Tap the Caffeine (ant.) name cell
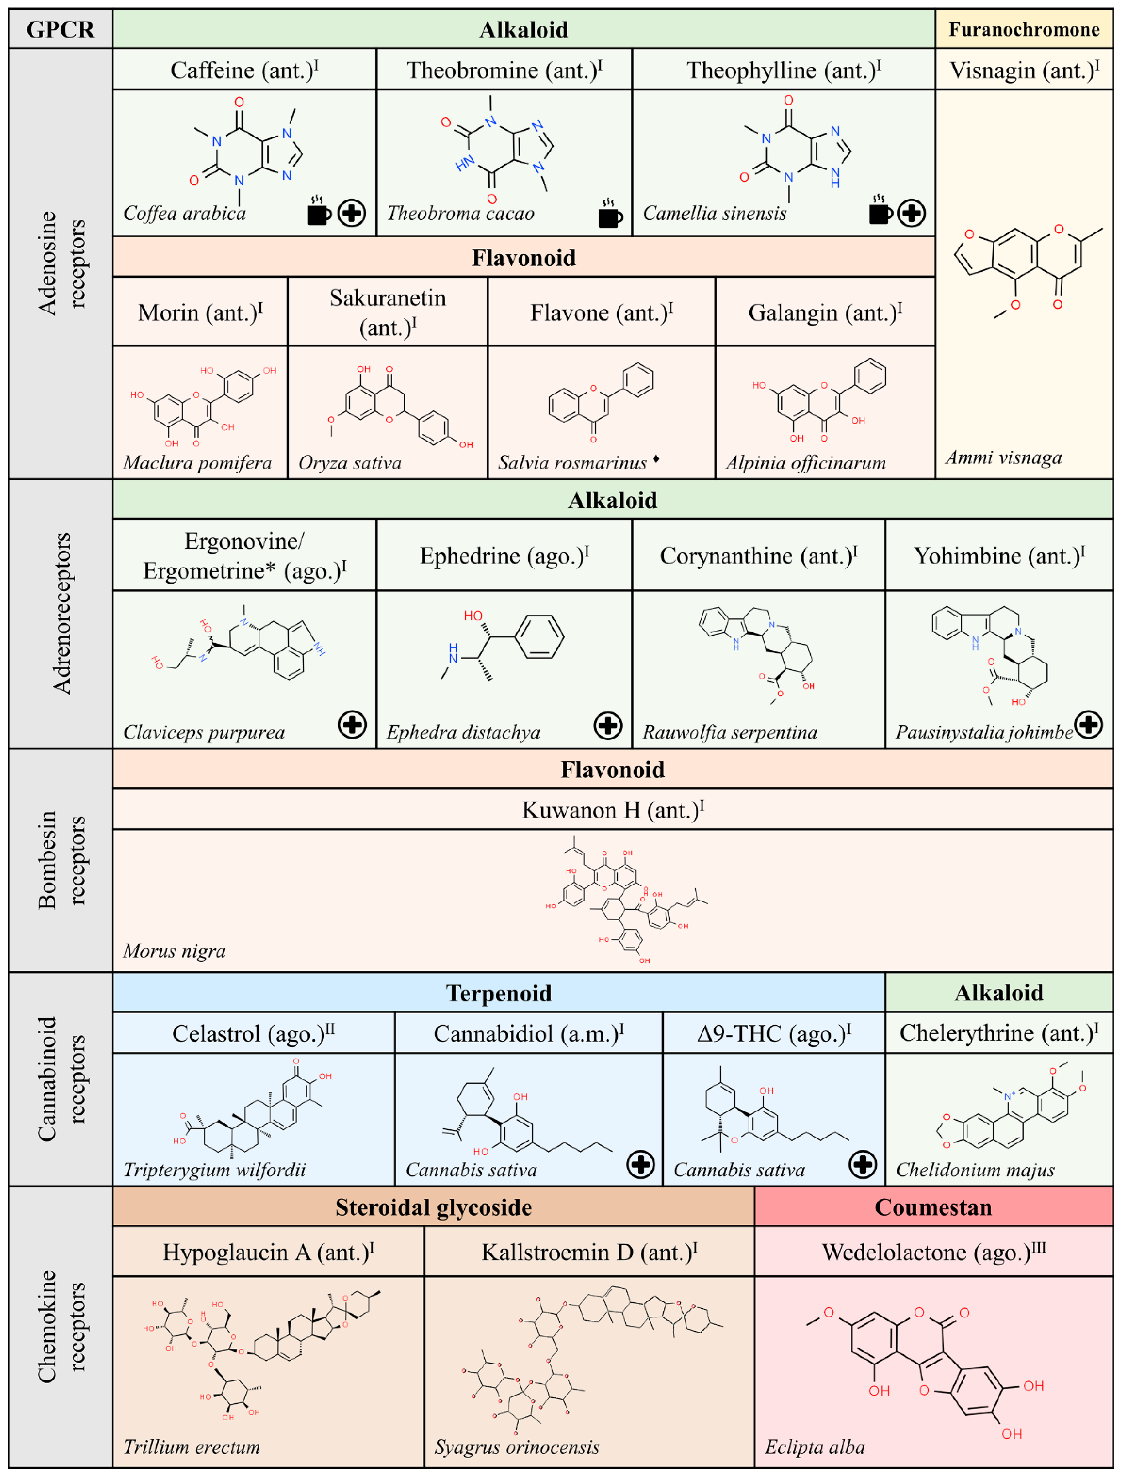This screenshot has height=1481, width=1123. pyautogui.click(x=244, y=69)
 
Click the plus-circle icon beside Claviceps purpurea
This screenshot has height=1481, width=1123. pyautogui.click(x=352, y=724)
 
